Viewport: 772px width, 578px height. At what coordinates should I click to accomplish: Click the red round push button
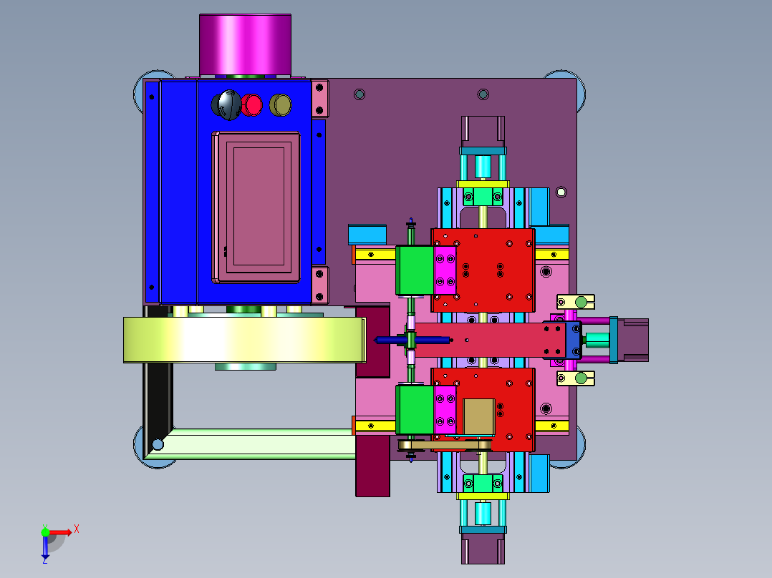(x=253, y=104)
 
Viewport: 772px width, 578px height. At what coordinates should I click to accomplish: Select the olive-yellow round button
(x=281, y=104)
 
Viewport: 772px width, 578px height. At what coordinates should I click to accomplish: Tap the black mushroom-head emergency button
(x=227, y=104)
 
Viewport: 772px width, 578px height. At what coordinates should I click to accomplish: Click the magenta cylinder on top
(x=245, y=45)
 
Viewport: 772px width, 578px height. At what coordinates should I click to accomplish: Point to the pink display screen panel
(x=256, y=207)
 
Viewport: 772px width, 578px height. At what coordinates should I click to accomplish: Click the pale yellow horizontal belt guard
(x=244, y=340)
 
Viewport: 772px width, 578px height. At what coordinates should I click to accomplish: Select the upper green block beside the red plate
(x=415, y=270)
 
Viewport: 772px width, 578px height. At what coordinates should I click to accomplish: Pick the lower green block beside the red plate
(x=415, y=409)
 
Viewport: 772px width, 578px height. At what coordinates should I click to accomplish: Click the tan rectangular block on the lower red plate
(x=479, y=416)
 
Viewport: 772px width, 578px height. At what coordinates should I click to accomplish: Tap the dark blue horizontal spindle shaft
(x=412, y=340)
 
